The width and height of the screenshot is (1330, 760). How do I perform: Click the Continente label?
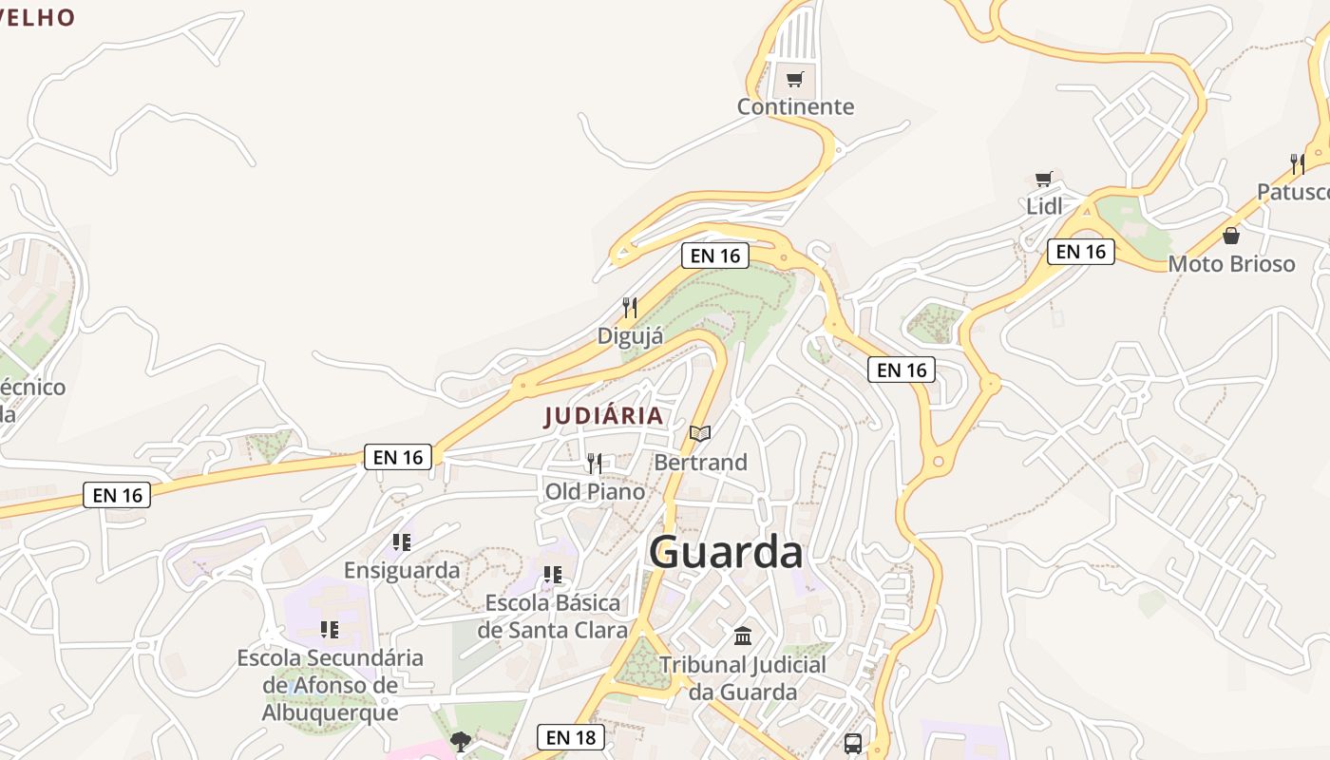795,106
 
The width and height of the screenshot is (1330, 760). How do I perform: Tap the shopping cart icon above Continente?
795,80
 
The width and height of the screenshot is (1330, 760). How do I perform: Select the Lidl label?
1044,206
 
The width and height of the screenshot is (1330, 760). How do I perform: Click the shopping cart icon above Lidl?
1044,180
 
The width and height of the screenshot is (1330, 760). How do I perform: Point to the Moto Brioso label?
1231,263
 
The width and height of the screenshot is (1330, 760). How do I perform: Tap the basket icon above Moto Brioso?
1231,236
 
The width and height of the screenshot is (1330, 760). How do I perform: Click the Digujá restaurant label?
630,335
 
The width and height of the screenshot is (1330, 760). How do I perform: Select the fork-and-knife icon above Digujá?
630,308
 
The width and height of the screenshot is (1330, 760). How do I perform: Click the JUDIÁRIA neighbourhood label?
604,416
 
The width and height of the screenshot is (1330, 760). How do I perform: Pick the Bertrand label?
700,462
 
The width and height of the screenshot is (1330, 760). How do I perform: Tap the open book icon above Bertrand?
700,434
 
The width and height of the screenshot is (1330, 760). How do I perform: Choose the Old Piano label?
595,491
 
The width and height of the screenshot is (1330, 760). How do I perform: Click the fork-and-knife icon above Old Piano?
595,464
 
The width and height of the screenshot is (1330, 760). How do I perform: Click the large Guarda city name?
726,552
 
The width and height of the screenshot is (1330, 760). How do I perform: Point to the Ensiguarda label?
402,570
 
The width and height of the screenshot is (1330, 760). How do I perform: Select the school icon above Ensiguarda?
402,542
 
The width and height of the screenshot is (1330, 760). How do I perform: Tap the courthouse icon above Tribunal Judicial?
743,636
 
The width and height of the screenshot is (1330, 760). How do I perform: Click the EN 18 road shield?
571,737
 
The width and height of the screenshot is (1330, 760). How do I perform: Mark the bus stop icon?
853,743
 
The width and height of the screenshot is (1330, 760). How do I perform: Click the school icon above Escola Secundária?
330,629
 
